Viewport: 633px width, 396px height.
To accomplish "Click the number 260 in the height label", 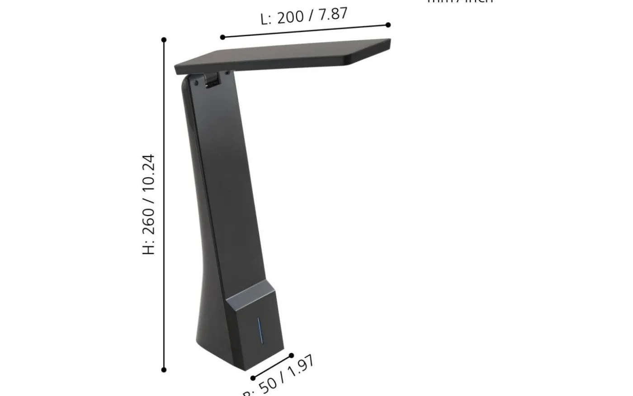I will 149,220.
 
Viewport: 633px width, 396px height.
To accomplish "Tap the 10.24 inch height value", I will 149,175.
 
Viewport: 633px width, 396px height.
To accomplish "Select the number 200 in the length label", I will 290,17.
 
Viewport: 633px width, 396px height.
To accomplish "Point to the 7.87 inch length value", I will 333,14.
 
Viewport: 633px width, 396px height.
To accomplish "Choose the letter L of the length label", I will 265,19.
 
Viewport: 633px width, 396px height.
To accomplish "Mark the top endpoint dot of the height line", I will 164,40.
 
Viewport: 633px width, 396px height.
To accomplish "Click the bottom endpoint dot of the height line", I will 164,370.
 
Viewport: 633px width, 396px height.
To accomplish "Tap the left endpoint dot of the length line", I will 222,37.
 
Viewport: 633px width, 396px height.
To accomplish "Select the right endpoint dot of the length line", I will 388,25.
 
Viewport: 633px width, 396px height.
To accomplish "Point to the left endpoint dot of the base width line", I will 253,378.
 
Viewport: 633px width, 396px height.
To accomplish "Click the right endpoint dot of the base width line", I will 291,356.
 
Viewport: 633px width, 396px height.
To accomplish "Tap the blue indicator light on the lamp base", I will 260,330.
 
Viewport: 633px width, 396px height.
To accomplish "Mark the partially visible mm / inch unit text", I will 460,2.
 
